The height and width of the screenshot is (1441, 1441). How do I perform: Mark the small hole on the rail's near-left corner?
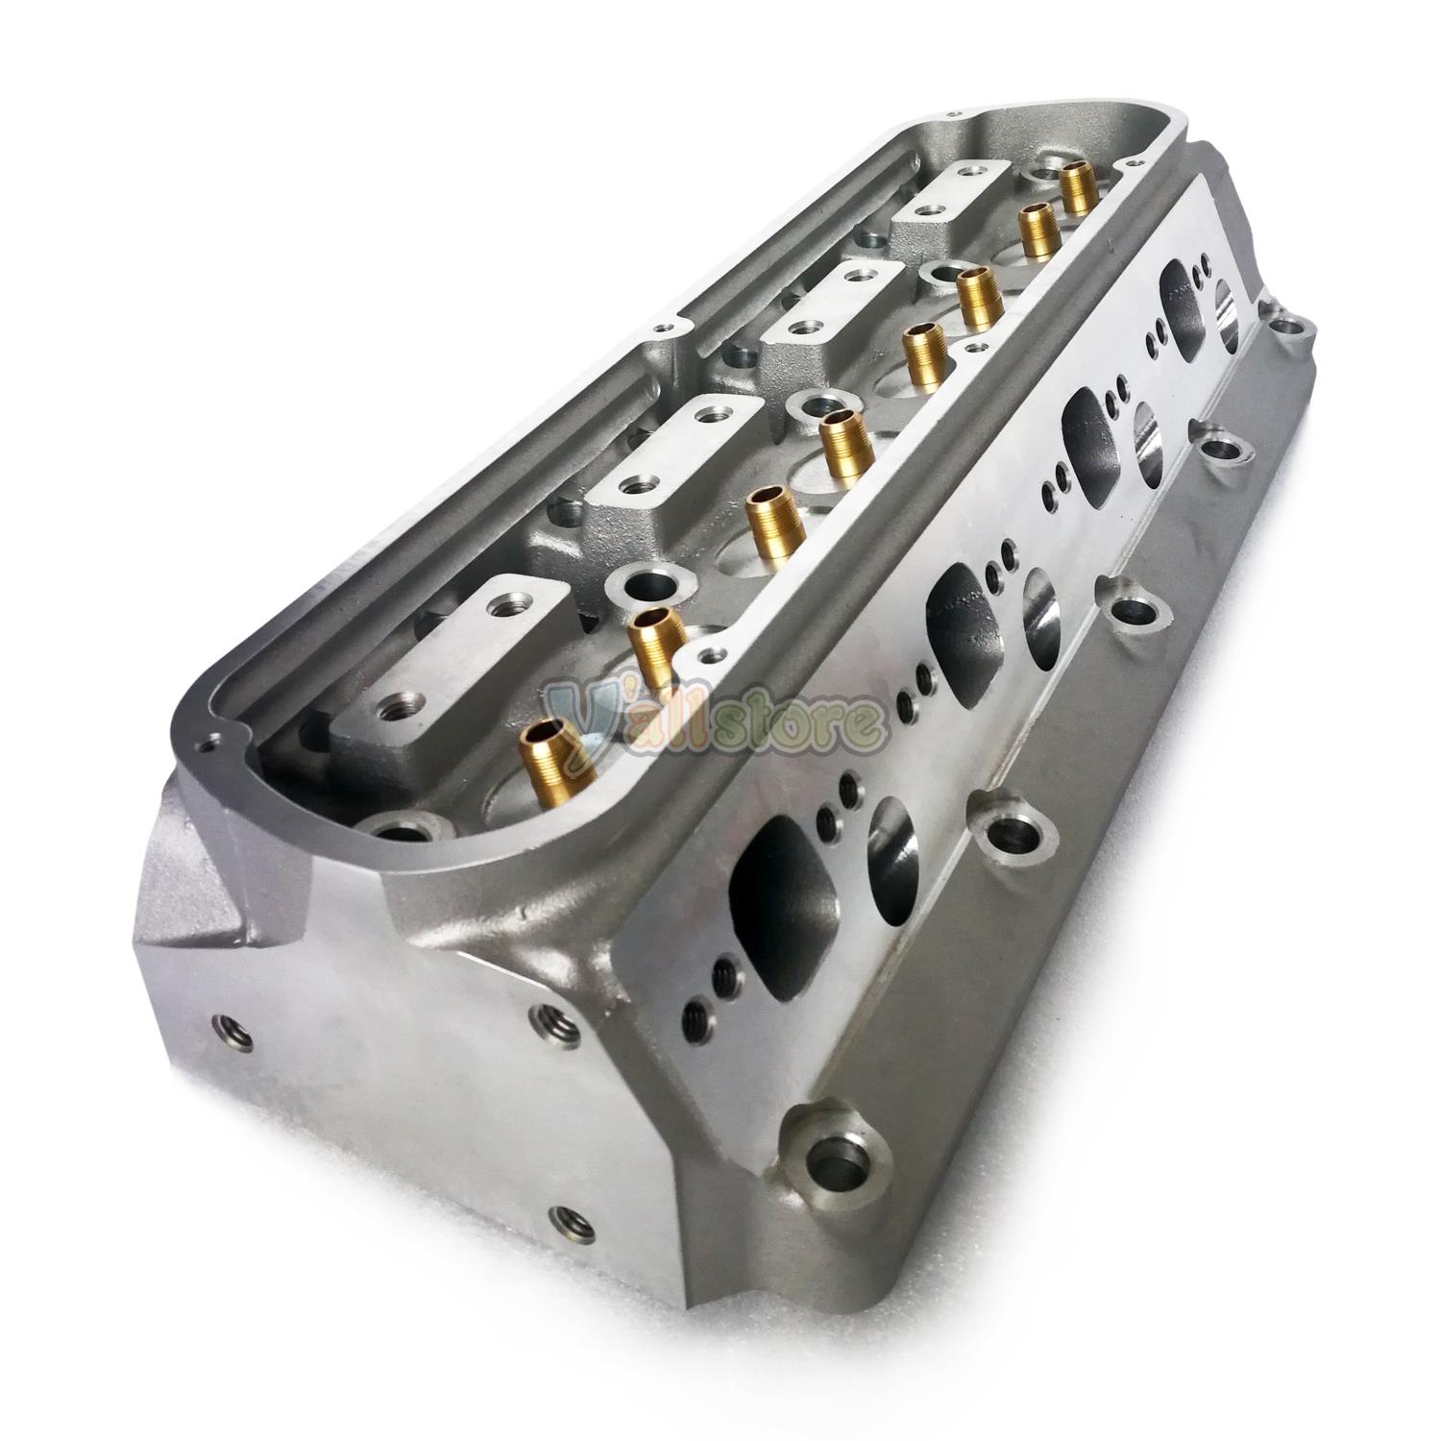coord(205,743)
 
